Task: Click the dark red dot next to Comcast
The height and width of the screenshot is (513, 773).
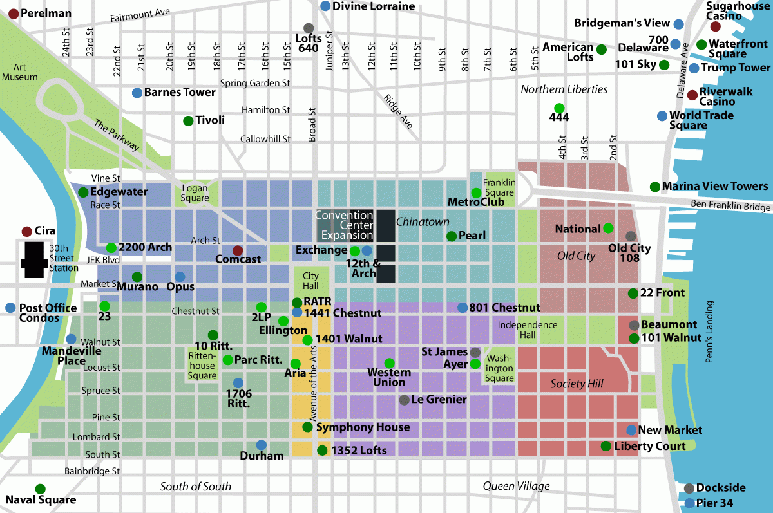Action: click(238, 250)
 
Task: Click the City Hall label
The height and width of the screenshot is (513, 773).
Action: click(310, 281)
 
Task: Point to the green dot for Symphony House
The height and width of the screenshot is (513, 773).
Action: click(307, 427)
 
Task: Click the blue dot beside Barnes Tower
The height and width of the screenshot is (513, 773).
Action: click(137, 93)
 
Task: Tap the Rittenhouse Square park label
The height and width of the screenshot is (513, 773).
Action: click(202, 365)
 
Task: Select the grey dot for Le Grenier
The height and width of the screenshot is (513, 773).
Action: click(404, 400)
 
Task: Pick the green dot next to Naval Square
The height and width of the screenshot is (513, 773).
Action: click(41, 489)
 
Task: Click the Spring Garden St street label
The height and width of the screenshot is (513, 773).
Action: click(255, 83)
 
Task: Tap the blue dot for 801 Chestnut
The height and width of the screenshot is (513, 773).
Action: click(463, 308)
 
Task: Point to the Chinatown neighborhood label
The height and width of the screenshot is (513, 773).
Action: click(423, 222)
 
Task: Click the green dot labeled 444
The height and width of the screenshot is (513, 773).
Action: click(558, 107)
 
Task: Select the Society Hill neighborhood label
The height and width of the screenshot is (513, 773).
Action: click(577, 384)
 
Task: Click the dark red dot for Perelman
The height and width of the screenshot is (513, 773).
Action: click(14, 13)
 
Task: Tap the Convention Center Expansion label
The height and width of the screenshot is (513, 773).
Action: click(344, 225)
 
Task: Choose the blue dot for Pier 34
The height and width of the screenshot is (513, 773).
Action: click(690, 503)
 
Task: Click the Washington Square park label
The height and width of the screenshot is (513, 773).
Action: click(500, 368)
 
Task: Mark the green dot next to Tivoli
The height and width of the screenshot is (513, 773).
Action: click(188, 120)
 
